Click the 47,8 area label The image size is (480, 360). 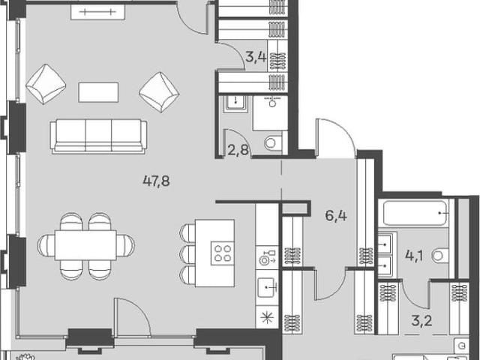point(156,181)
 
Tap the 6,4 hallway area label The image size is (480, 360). point(336,216)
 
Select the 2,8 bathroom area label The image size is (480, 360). point(238,150)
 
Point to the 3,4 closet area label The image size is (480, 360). point(255,57)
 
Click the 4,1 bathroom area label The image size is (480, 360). point(414,256)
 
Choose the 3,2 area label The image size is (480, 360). point(421,322)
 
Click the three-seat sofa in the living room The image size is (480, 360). point(98,136)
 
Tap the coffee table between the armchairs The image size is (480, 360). point(98,92)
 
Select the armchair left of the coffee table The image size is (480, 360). point(46,84)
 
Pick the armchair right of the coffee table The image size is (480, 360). point(159,91)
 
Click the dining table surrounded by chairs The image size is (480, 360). point(85,245)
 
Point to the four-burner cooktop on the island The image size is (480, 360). point(223,253)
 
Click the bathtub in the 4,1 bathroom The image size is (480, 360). point(413,213)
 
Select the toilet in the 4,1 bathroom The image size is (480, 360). point(440,256)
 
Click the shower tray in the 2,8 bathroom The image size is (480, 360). point(270,113)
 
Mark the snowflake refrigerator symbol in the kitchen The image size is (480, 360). point(267,317)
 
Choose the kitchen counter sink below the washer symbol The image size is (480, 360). point(267,287)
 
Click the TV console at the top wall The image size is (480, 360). point(97,12)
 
